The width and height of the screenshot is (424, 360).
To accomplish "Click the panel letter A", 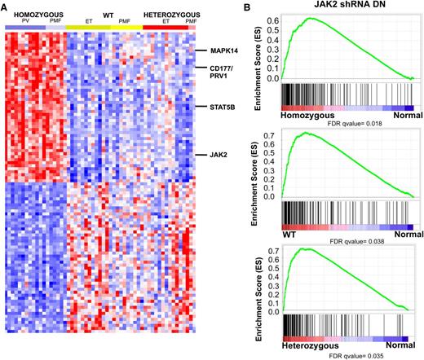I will tap(7, 7).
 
